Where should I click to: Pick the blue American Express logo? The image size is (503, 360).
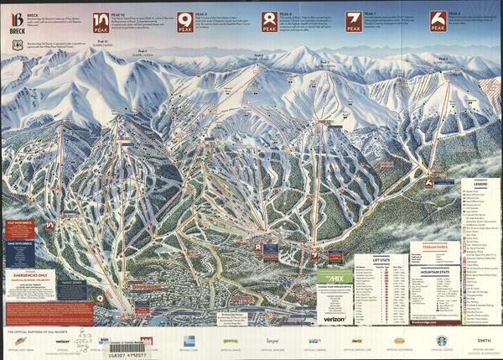tap(188, 341)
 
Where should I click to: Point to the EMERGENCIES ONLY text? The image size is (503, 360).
tap(28, 274)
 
